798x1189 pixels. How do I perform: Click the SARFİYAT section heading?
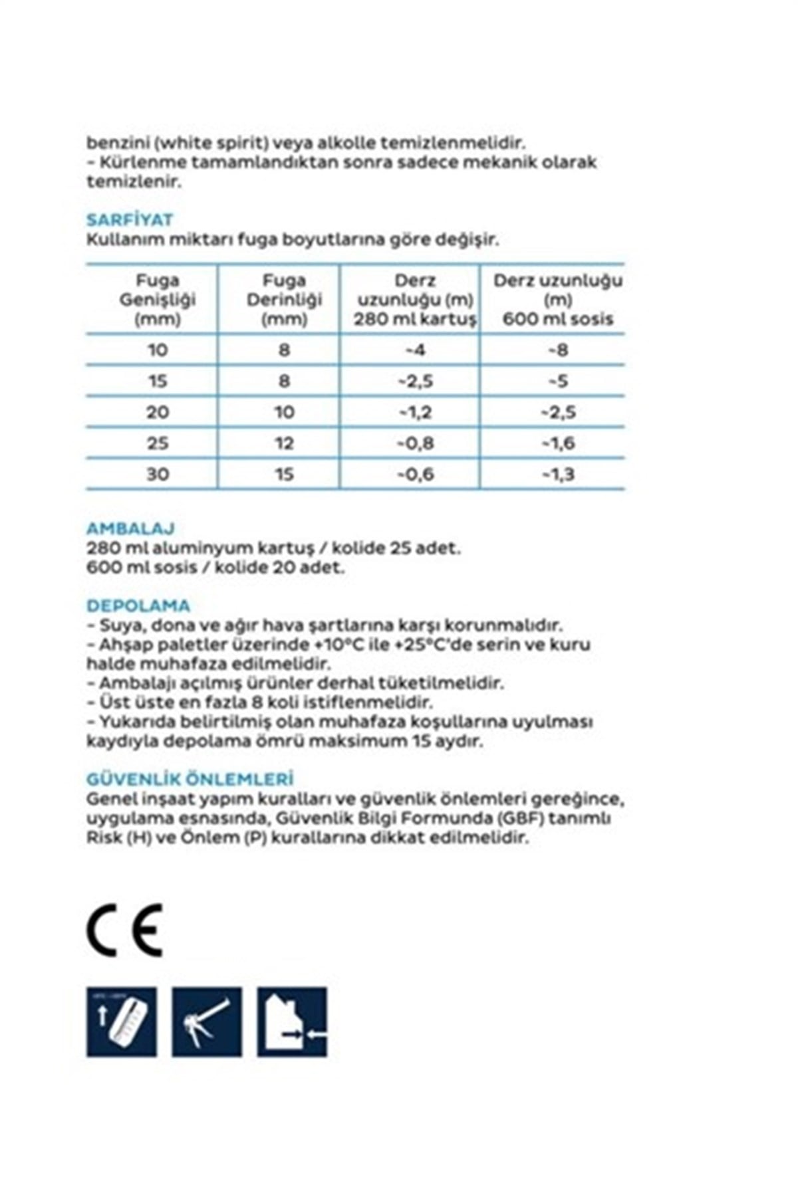[129, 220]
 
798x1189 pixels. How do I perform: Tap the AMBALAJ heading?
[130, 529]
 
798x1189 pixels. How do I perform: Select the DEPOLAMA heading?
[138, 605]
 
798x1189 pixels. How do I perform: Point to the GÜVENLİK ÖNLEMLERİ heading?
[190, 779]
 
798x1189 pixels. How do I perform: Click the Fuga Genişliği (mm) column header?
[158, 300]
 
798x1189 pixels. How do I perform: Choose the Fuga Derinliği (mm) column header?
[284, 300]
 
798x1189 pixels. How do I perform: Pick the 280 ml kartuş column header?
[415, 300]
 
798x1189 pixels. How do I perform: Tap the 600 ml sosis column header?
[557, 300]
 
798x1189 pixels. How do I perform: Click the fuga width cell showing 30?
[158, 475]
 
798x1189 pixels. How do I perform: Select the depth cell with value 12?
[284, 443]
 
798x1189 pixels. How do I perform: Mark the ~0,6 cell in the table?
[415, 475]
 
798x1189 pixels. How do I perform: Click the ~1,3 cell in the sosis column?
[557, 475]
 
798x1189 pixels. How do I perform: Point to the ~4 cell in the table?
[415, 350]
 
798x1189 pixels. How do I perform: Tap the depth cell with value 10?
[284, 412]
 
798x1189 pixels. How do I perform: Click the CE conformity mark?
[124, 930]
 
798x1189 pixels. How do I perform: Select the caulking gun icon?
[207, 1022]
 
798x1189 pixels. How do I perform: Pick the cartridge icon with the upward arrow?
[122, 1022]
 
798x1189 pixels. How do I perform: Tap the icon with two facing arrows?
[292, 1022]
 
